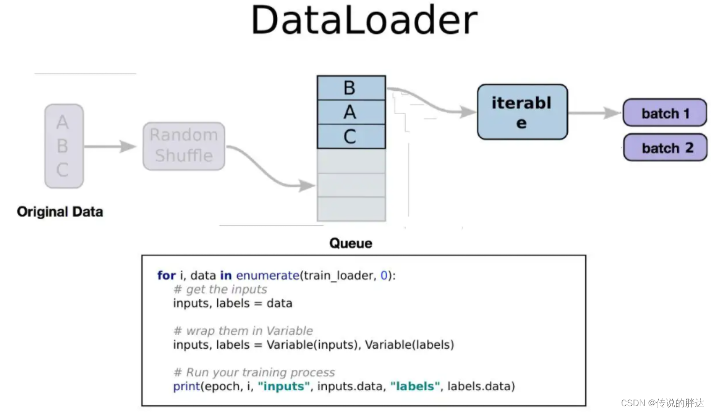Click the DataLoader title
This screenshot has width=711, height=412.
click(364, 20)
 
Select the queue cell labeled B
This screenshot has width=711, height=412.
click(351, 88)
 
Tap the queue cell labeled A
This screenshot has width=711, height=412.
click(351, 112)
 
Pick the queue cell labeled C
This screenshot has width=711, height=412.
click(351, 136)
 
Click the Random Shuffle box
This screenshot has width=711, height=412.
click(184, 146)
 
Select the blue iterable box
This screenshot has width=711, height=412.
click(522, 112)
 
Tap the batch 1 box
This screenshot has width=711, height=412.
click(665, 113)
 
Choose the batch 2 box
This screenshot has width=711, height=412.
click(666, 147)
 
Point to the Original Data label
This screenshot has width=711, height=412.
click(60, 212)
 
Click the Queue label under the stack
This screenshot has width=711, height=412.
click(351, 243)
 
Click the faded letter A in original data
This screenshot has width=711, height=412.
click(62, 122)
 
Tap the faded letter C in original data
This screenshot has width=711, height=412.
click(62, 170)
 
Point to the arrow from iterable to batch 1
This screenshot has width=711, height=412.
click(594, 113)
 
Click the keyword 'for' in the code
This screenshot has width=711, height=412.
click(166, 276)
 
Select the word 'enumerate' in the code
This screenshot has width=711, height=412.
click(268, 276)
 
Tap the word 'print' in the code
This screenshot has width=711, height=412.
click(186, 386)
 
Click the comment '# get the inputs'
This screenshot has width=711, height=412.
click(220, 290)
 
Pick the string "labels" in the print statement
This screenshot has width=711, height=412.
click(415, 386)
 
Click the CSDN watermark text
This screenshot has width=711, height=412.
click(662, 403)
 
